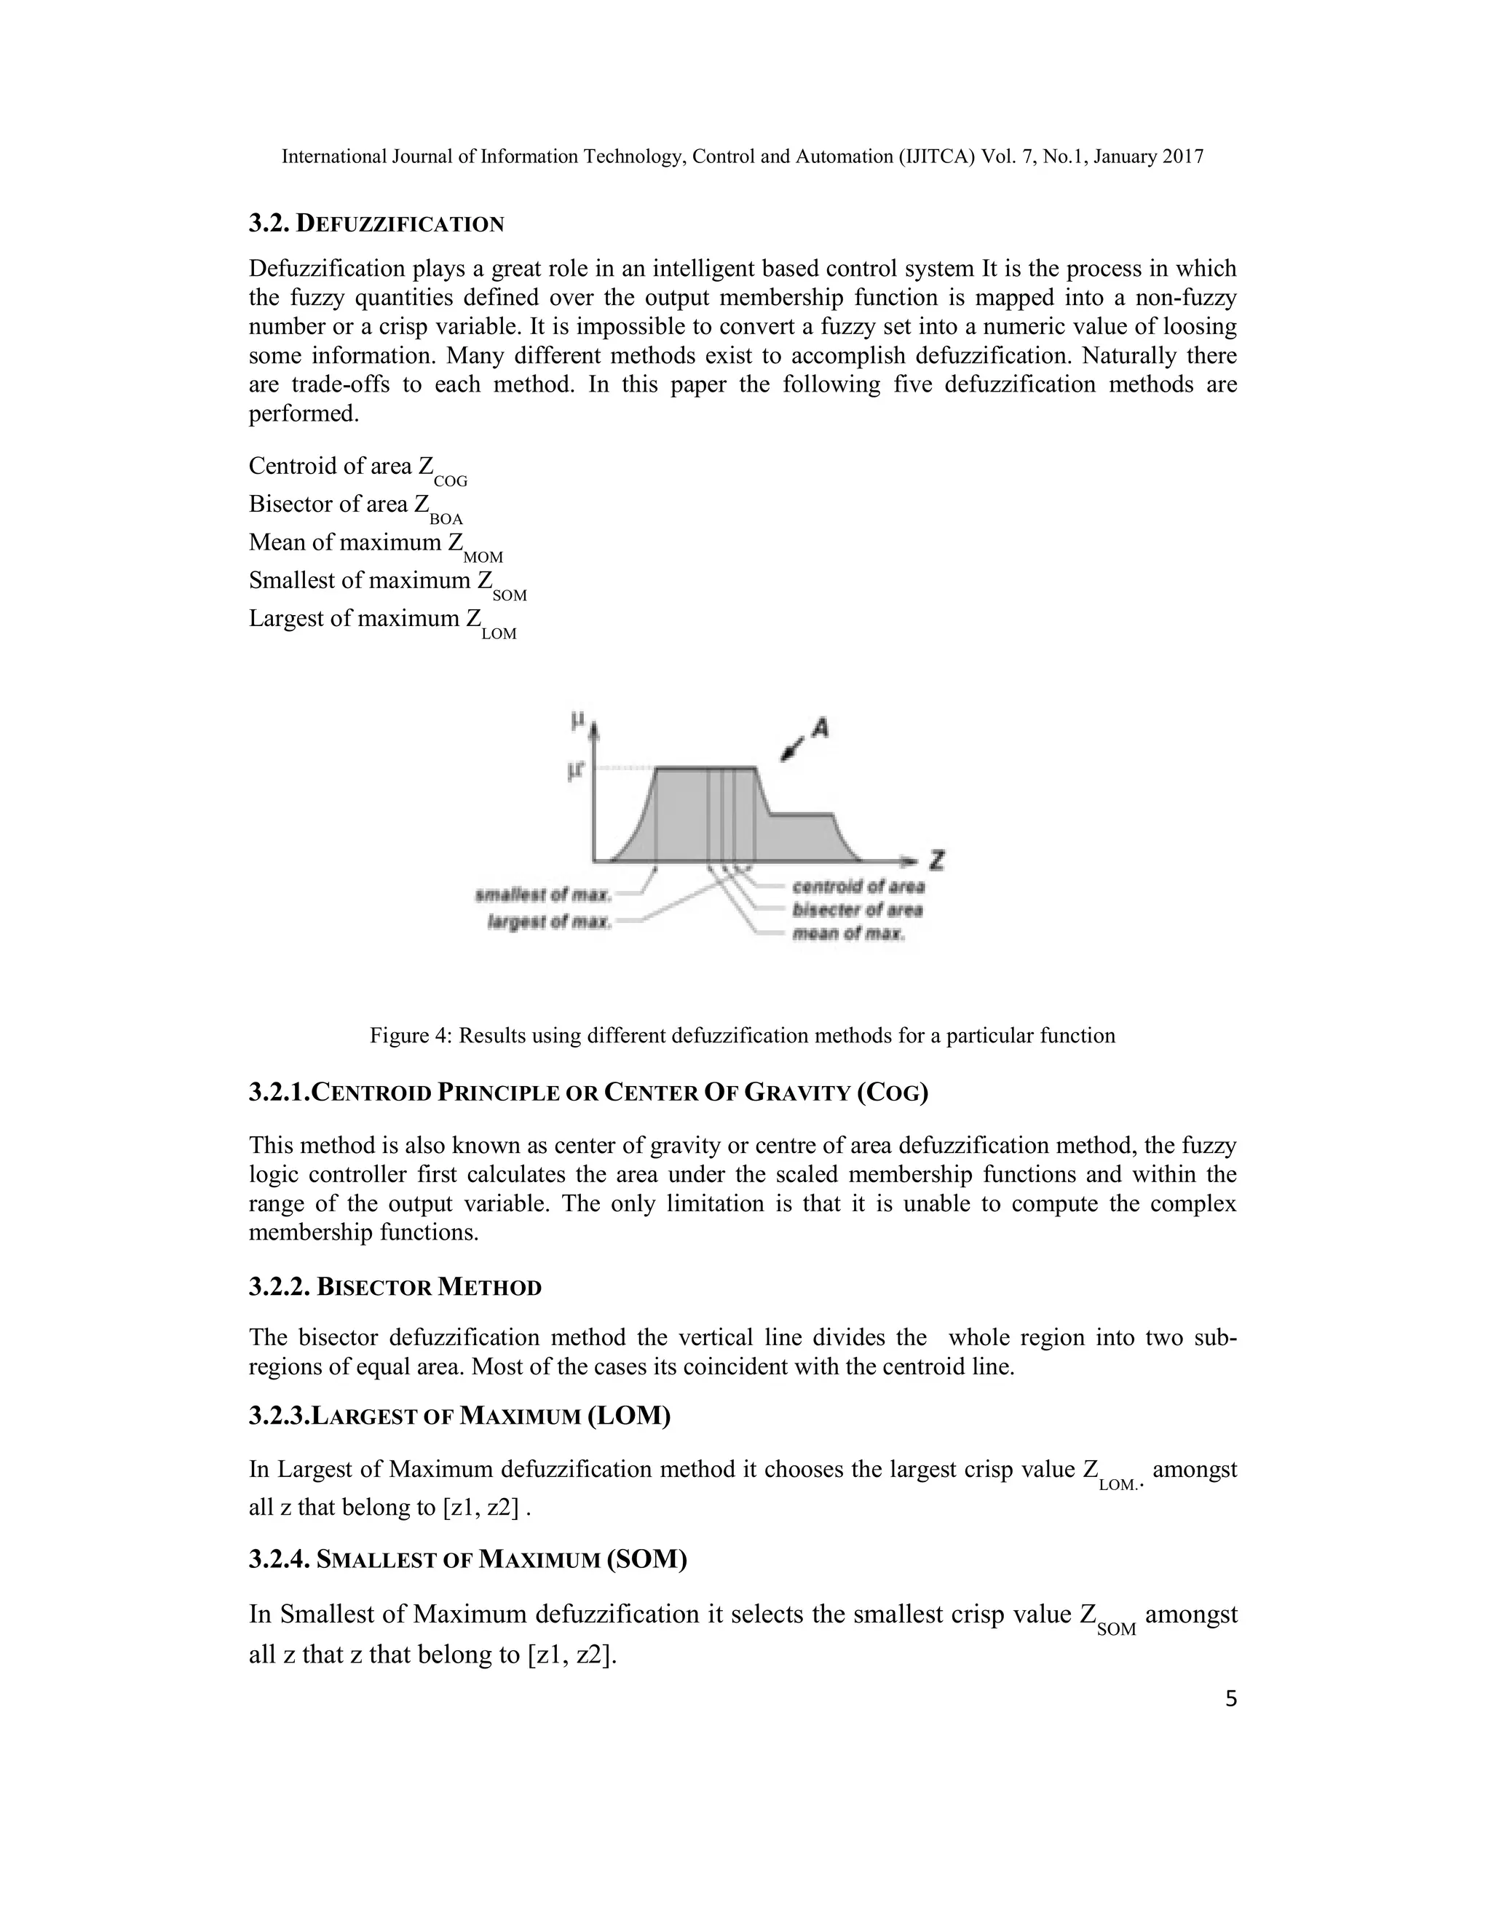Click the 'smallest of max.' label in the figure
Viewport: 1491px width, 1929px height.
pyautogui.click(x=543, y=895)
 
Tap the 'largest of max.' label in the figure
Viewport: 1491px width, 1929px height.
pyautogui.click(x=550, y=923)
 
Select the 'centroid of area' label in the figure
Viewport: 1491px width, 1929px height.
pyautogui.click(x=858, y=886)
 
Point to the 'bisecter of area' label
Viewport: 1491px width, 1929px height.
pyautogui.click(x=858, y=910)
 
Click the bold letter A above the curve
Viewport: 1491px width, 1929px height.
pyautogui.click(x=820, y=728)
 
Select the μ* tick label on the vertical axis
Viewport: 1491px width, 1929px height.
pyautogui.click(x=577, y=771)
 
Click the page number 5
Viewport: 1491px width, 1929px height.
pyautogui.click(x=1231, y=1723)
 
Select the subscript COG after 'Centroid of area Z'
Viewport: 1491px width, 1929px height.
pyautogui.click(x=451, y=481)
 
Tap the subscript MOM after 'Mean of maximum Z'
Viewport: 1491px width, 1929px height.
pyautogui.click(x=483, y=558)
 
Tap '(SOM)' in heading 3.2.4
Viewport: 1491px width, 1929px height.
pyautogui.click(x=646, y=1559)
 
